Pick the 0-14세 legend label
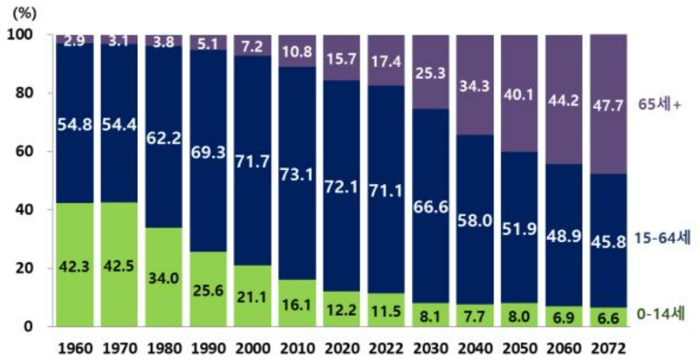pyautogui.click(x=661, y=314)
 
